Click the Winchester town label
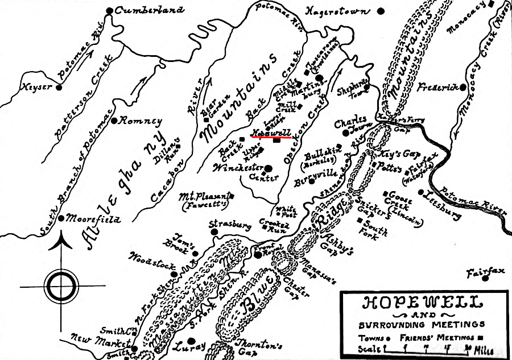click(238, 168)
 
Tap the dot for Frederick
click(464, 87)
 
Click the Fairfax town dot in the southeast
click(484, 279)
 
